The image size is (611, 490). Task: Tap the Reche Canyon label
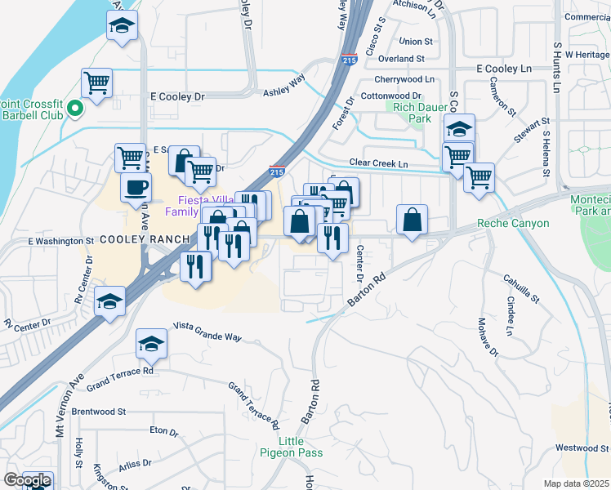point(513,223)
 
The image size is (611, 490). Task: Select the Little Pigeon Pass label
point(292,447)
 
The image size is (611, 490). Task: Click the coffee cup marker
point(136,187)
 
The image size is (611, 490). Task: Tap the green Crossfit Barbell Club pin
point(75,108)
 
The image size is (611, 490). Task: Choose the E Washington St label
point(61,242)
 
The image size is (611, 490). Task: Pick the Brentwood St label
point(98,412)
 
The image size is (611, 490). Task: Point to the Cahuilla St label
point(522,287)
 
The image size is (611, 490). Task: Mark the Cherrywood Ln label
point(404,79)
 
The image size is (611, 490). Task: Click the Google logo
point(27,481)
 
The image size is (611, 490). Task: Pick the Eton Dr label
point(163,430)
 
